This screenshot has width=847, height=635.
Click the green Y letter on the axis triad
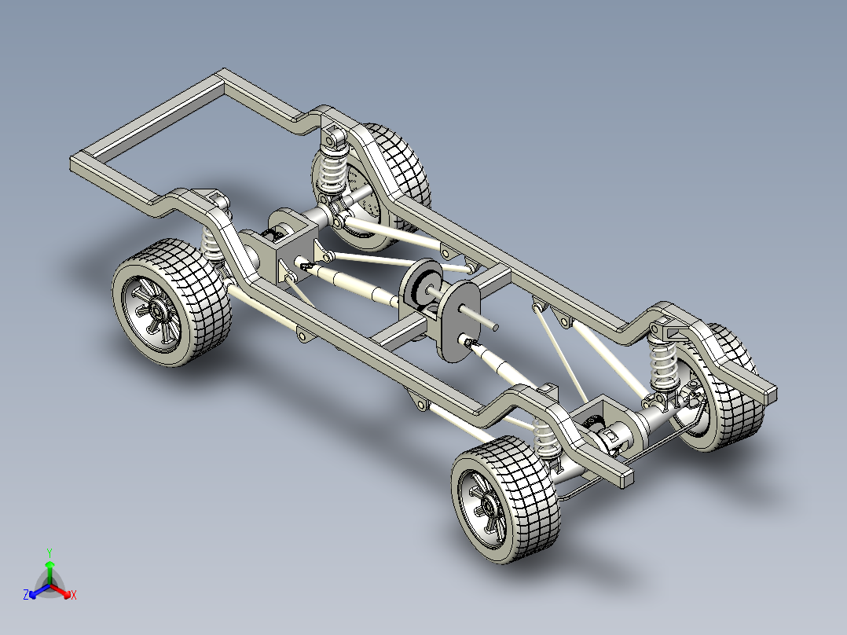click(x=49, y=552)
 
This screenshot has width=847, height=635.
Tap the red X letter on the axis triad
click(x=73, y=595)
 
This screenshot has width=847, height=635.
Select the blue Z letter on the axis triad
click(x=26, y=595)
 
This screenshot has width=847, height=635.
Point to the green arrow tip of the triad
click(x=49, y=565)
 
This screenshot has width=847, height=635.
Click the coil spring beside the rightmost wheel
click(x=664, y=363)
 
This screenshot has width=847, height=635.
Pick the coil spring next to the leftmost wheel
click(x=213, y=244)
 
